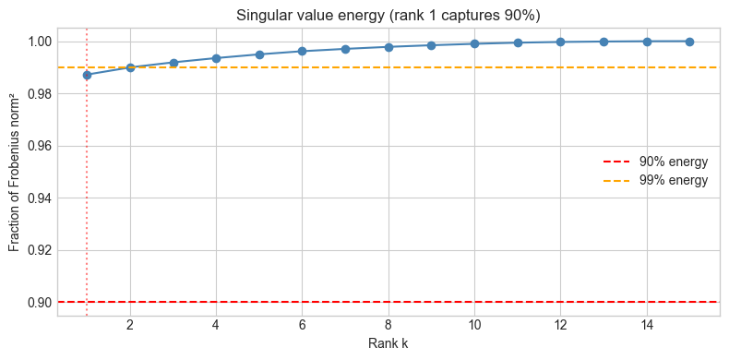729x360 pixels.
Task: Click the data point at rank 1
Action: pyautogui.click(x=87, y=75)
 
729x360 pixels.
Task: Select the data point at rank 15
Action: pyautogui.click(x=690, y=41)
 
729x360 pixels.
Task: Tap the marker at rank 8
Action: pyautogui.click(x=388, y=47)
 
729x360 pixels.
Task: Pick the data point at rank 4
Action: pyautogui.click(x=216, y=58)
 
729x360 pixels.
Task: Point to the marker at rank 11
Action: pyautogui.click(x=518, y=42)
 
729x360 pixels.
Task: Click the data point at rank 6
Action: pyautogui.click(x=302, y=51)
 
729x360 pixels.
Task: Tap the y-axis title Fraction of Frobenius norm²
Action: pyautogui.click(x=14, y=172)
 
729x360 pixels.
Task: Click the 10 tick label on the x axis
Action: pyautogui.click(x=474, y=327)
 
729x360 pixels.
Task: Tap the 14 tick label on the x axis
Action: pyautogui.click(x=647, y=327)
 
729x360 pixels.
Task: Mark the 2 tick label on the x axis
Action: pyautogui.click(x=130, y=327)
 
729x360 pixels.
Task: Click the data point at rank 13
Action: pyautogui.click(x=604, y=42)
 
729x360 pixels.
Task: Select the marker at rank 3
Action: pyautogui.click(x=173, y=63)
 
